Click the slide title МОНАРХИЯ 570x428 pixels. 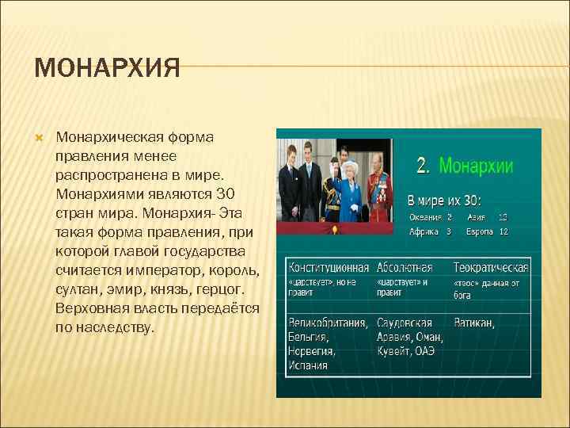coord(108,67)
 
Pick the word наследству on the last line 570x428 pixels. coord(116,327)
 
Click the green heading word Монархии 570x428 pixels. coord(476,166)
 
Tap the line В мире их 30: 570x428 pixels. coord(449,200)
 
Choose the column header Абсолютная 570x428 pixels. coord(405,267)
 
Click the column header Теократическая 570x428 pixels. coord(490,267)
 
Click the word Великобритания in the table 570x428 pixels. coord(327,323)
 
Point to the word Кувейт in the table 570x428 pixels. coord(395,352)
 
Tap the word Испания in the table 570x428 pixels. coord(308,365)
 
